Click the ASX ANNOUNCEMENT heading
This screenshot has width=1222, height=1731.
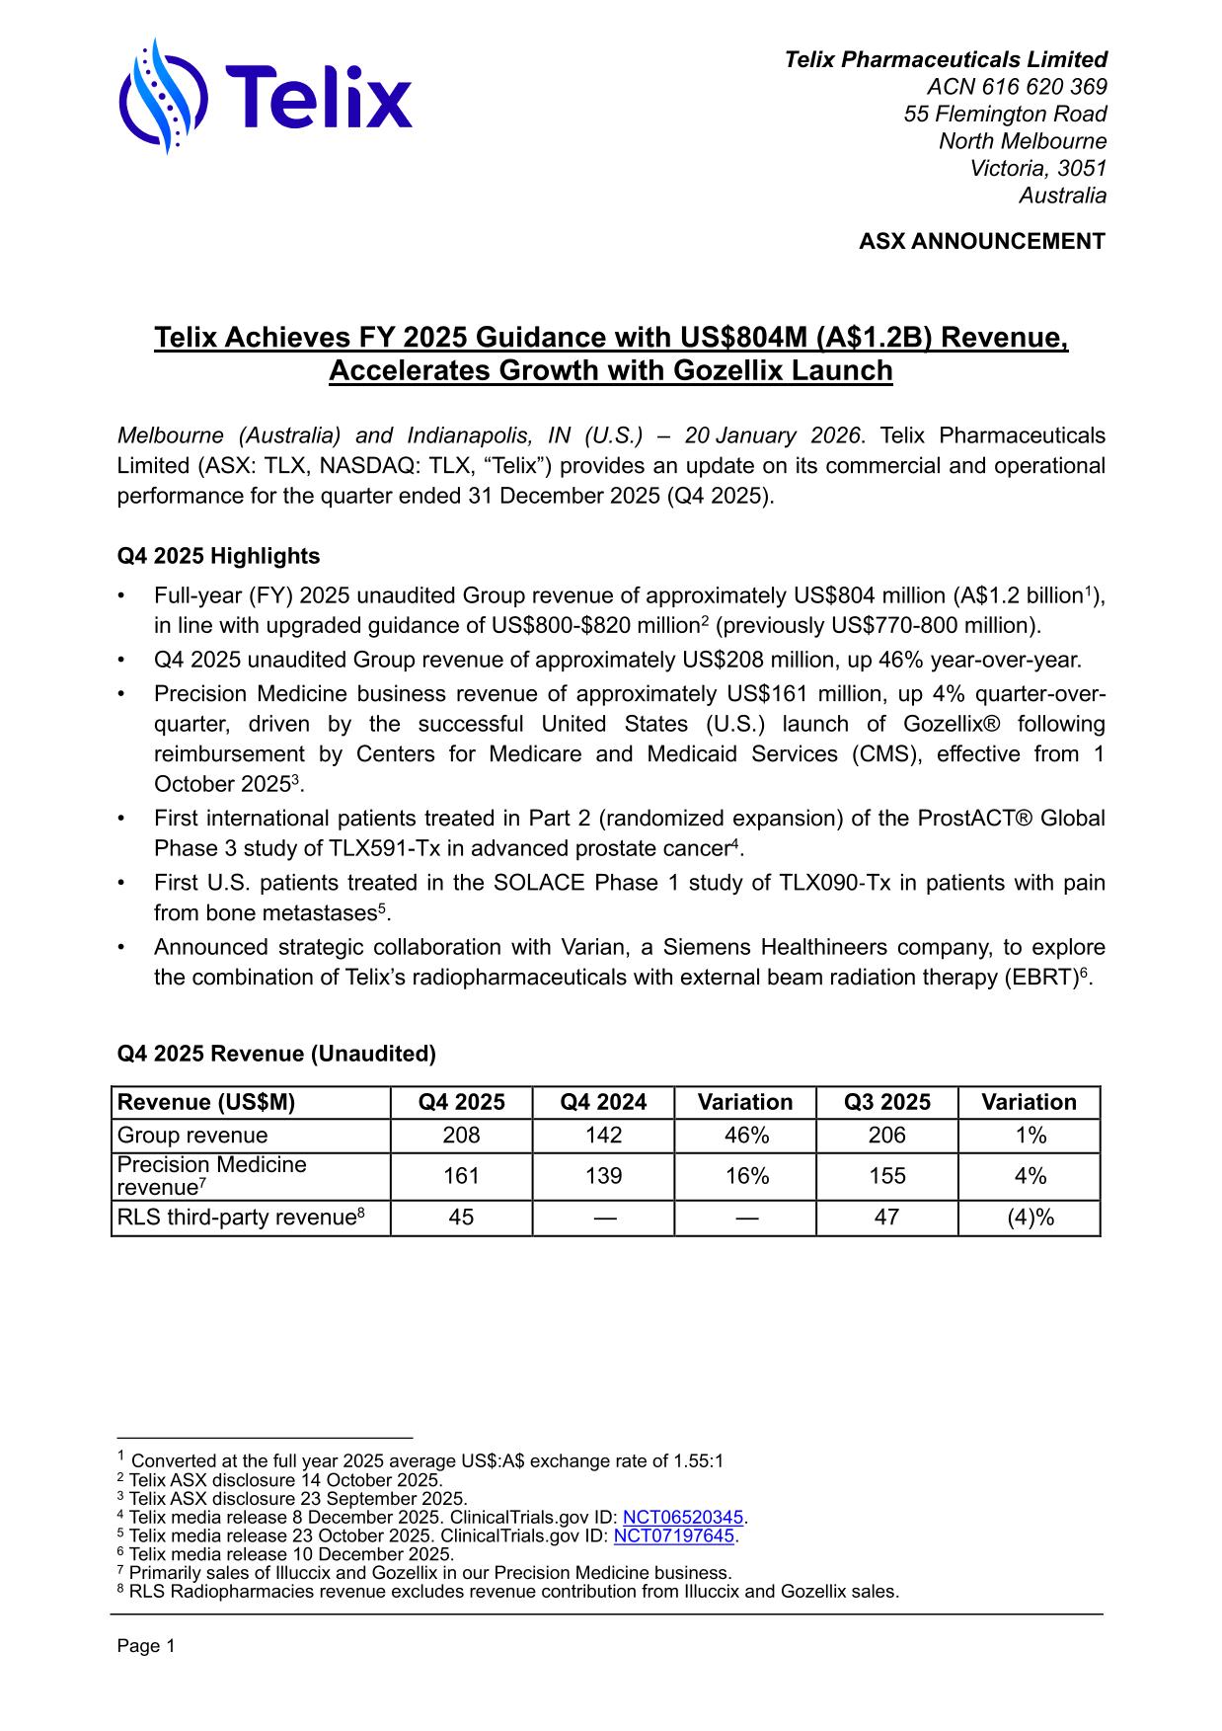[981, 242]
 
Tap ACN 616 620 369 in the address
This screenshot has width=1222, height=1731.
[1016, 87]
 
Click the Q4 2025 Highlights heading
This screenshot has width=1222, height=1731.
[218, 556]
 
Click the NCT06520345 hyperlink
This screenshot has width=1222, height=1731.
[683, 1517]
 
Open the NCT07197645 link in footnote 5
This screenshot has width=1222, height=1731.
[674, 1535]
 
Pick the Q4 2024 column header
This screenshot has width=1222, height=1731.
[603, 1103]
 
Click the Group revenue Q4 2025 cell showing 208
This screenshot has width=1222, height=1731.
[461, 1136]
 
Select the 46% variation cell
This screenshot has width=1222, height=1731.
[745, 1136]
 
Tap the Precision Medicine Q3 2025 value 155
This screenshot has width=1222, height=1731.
[886, 1176]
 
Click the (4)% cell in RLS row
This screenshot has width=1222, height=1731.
[1030, 1218]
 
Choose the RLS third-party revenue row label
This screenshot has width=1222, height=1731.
[241, 1218]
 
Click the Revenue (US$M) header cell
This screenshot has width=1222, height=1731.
[206, 1103]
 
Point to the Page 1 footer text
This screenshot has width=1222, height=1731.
[146, 1646]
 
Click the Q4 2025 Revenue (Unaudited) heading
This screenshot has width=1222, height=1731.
[276, 1054]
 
